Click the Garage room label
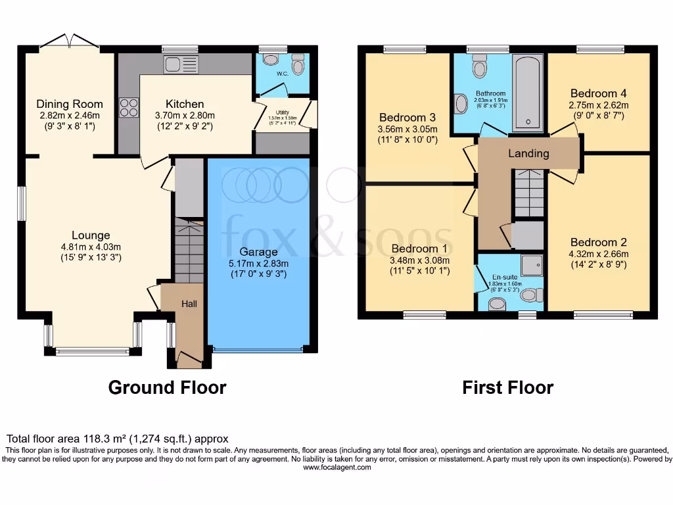258,252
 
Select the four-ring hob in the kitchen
129,107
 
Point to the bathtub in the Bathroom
528,93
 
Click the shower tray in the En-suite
532,265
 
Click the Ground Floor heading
167,387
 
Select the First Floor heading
507,387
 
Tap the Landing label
528,154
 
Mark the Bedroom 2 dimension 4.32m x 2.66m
598,254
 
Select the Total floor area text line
117,439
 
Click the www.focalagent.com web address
336,468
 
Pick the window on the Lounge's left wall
22,204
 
